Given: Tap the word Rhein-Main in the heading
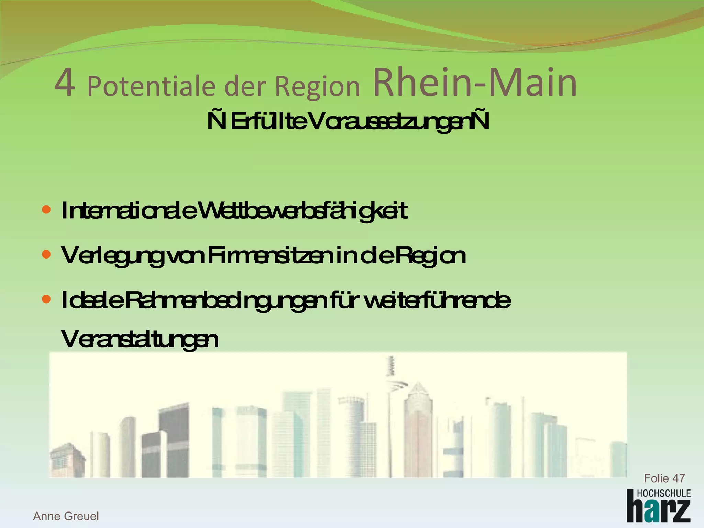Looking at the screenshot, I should [475, 83].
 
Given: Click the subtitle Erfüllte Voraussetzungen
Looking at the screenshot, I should [348, 122].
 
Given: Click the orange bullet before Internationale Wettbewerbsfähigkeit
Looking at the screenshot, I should [46, 209].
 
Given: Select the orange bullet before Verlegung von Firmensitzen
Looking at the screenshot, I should [46, 254].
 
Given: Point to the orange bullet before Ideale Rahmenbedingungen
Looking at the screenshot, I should [46, 299].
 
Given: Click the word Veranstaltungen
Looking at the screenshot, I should [140, 340].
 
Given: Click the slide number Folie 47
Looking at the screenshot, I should [664, 478].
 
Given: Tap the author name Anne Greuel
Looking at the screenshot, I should [66, 516].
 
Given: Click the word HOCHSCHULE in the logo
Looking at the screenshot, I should [663, 494].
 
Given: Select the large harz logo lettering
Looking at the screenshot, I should [658, 510].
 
